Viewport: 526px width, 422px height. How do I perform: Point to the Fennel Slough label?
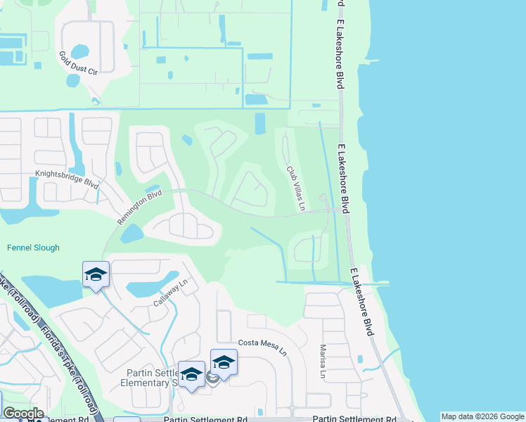coord(33,248)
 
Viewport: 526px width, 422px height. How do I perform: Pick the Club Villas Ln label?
coord(295,188)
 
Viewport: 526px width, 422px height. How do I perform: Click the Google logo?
coord(23,413)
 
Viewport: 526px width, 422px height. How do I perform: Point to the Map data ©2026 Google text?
coord(482,416)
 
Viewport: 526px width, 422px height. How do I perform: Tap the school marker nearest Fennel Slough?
coord(96,276)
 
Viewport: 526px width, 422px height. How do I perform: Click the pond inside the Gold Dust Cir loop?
coord(80,51)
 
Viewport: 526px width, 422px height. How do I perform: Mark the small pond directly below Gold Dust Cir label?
coord(73,80)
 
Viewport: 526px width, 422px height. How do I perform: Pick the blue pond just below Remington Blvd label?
coord(131,234)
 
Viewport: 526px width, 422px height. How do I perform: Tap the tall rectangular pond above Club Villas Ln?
coord(260,123)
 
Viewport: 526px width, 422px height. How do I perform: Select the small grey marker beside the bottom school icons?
coord(211,378)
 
